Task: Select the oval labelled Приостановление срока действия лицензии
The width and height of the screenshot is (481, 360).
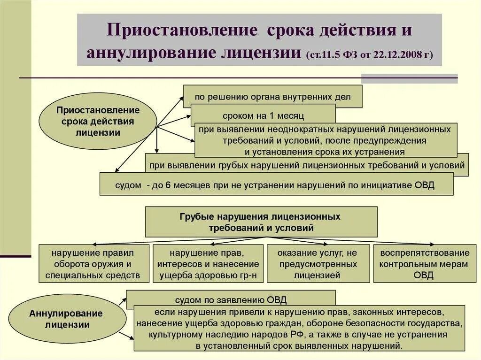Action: tap(98, 122)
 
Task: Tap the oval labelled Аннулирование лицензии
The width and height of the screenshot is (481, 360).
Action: tap(68, 319)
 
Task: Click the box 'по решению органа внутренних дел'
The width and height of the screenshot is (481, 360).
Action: tap(272, 96)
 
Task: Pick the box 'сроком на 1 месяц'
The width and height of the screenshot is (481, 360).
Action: tap(263, 115)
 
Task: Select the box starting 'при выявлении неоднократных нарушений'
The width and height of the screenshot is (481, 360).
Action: tap(325, 140)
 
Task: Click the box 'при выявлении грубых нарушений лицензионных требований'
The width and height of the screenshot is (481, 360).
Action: tap(307, 165)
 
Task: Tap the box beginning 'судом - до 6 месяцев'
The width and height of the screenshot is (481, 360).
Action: tap(276, 184)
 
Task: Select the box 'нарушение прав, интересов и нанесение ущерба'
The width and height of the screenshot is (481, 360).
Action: tap(208, 264)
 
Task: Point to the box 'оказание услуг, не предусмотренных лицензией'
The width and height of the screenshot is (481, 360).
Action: tap(317, 264)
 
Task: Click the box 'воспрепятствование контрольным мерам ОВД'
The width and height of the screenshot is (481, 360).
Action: tap(424, 264)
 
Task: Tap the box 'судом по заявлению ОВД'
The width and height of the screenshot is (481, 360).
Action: tap(231, 299)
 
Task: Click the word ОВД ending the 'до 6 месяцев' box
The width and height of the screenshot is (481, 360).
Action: tap(425, 185)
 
